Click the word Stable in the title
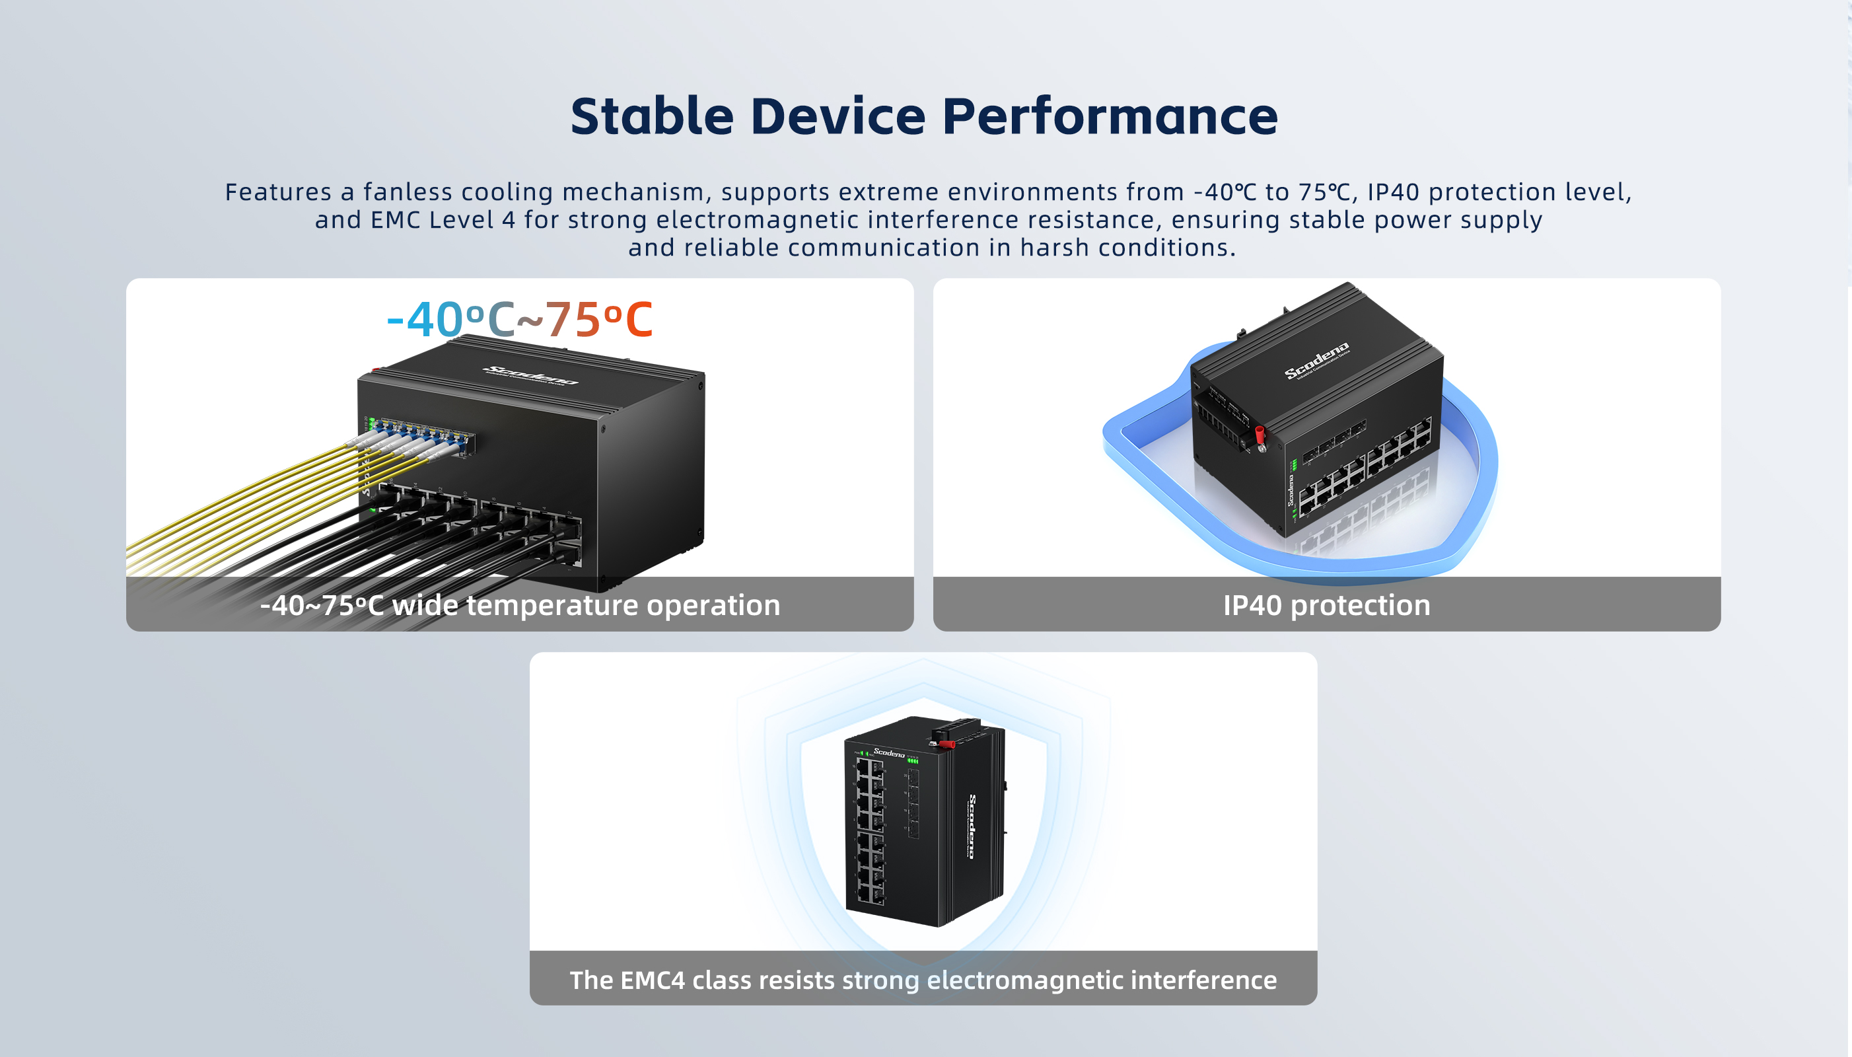[x=652, y=116]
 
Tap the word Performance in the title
[x=1110, y=116]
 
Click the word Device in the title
[x=837, y=116]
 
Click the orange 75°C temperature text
[x=598, y=320]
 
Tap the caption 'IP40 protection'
[x=1327, y=604]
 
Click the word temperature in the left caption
[x=552, y=604]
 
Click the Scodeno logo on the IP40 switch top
[x=1316, y=360]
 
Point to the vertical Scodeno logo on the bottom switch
[x=972, y=827]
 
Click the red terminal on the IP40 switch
[x=1260, y=435]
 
